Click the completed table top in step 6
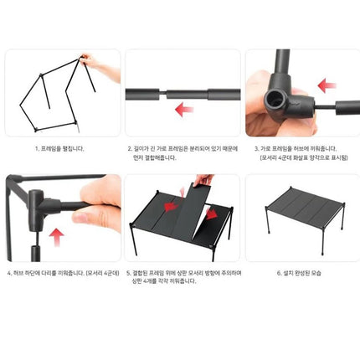(x=299, y=204)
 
